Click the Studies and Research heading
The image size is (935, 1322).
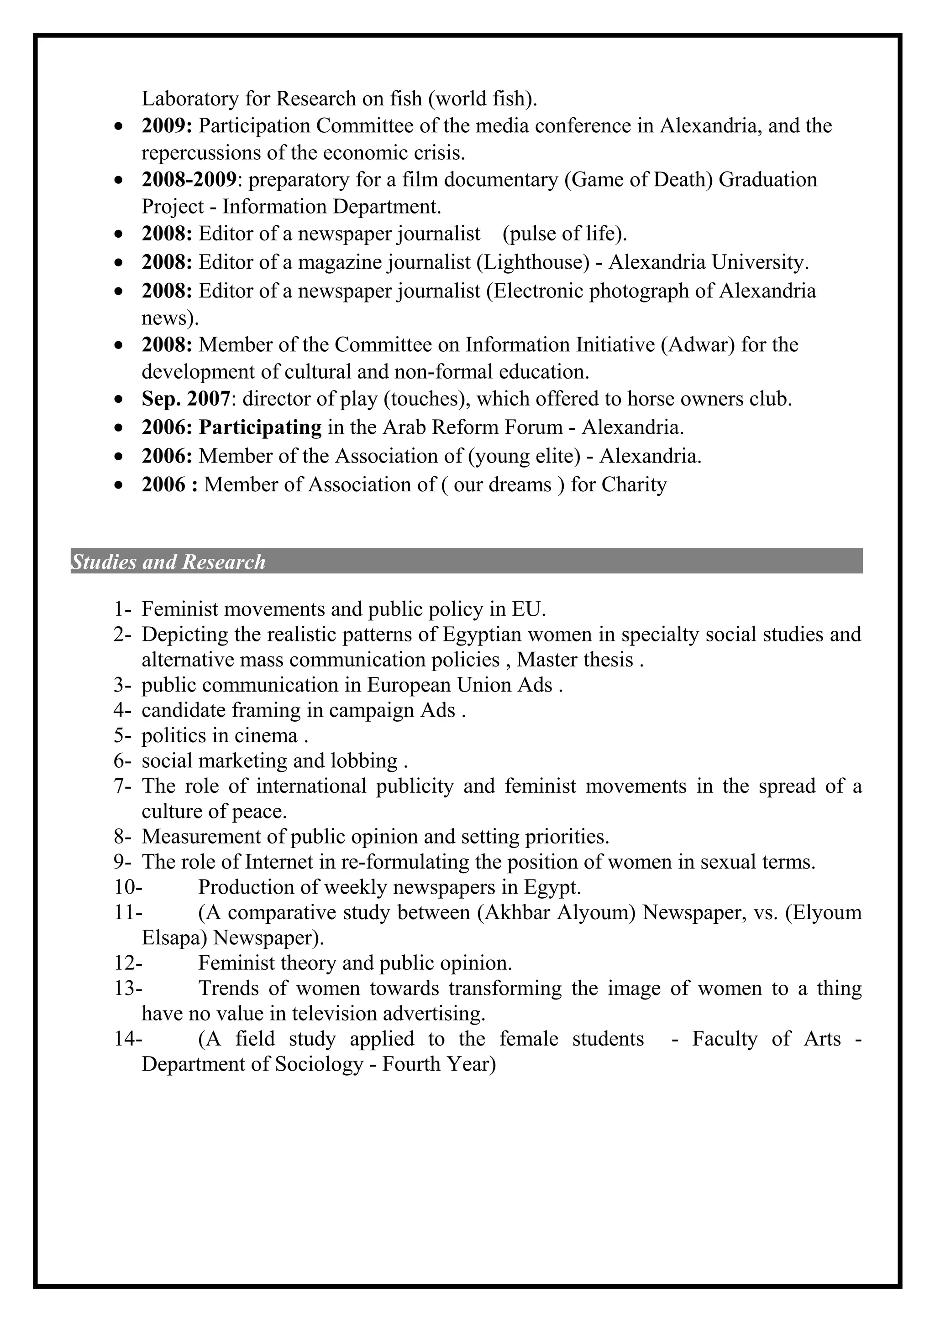tap(168, 562)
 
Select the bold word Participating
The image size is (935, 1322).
tap(260, 428)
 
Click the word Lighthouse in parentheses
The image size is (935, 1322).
tap(532, 263)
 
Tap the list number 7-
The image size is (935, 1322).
tap(123, 786)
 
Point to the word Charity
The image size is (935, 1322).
tap(634, 485)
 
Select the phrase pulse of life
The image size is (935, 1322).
tap(564, 234)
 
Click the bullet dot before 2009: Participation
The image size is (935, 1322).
tap(119, 126)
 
